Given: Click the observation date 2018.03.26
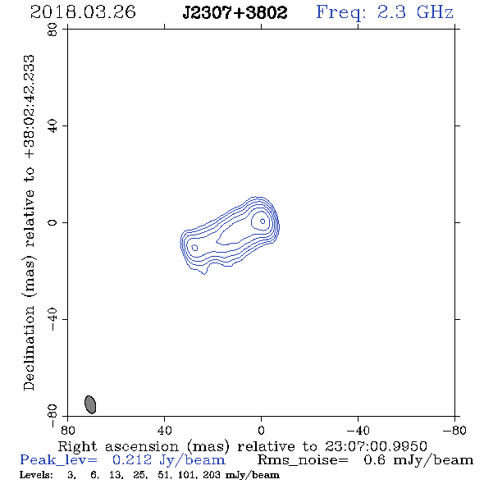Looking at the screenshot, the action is pyautogui.click(x=83, y=12).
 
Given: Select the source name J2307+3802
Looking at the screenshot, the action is pyautogui.click(x=235, y=12).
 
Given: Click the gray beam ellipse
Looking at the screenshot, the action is pyautogui.click(x=90, y=404).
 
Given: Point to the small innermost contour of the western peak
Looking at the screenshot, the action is pyautogui.click(x=263, y=221).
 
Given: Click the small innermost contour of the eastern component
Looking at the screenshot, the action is pyautogui.click(x=194, y=248).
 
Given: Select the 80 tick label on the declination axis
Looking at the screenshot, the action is pyautogui.click(x=53, y=30).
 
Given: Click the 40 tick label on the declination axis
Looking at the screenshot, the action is pyautogui.click(x=53, y=126).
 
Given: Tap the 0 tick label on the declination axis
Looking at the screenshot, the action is pyautogui.click(x=53, y=222).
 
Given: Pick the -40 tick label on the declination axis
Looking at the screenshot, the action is pyautogui.click(x=53, y=319).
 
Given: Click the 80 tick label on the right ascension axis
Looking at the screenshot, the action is pyautogui.click(x=67, y=431).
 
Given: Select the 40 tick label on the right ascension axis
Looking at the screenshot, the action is pyautogui.click(x=164, y=431).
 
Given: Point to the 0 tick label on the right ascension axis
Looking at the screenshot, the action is pyautogui.click(x=261, y=431).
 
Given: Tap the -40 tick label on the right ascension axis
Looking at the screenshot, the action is pyautogui.click(x=358, y=431).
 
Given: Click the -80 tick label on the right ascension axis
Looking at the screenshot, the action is pyautogui.click(x=454, y=431).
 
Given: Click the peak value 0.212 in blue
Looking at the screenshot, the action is pyautogui.click(x=132, y=460).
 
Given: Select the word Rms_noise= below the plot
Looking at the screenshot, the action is pyautogui.click(x=303, y=460).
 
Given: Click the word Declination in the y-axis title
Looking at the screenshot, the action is pyautogui.click(x=29, y=348).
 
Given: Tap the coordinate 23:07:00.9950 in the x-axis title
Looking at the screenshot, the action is pyautogui.click(x=376, y=446).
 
